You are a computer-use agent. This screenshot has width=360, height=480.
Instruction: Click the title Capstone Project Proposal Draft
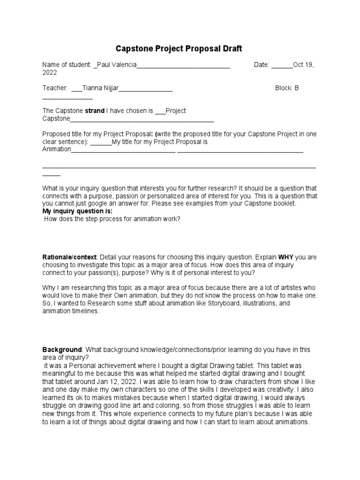179,49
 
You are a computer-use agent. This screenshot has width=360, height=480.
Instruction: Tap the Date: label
262,65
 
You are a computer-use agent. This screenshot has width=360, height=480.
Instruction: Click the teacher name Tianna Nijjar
100,88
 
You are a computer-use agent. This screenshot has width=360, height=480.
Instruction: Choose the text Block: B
287,88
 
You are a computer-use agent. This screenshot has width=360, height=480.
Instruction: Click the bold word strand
94,111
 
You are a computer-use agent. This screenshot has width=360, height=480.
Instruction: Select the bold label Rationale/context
69,257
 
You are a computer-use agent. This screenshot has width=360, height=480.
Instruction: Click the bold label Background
62,350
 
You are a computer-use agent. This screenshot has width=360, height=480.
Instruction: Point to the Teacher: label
55,88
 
